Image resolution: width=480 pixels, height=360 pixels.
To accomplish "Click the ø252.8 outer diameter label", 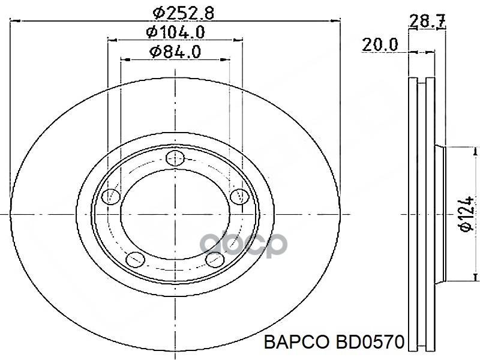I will click(175, 10).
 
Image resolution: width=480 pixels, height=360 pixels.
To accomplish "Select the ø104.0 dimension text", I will click(175, 31).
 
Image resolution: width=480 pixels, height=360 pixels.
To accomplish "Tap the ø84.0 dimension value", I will click(175, 52).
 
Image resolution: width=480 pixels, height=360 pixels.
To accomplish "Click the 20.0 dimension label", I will click(379, 44).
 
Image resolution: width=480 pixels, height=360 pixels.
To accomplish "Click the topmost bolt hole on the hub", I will click(175, 158).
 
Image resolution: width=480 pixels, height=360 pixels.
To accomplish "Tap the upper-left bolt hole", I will click(111, 196).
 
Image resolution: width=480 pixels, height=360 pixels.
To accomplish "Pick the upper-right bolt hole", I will click(239, 196).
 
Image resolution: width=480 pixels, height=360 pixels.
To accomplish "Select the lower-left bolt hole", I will click(136, 260).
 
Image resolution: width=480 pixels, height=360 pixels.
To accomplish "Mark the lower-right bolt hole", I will click(214, 260).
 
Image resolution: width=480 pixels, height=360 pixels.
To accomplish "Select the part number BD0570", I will click(368, 343).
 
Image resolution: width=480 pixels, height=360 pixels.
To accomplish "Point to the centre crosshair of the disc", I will click(175, 214).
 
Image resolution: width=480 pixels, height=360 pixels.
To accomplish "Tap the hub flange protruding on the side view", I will click(444, 214).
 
